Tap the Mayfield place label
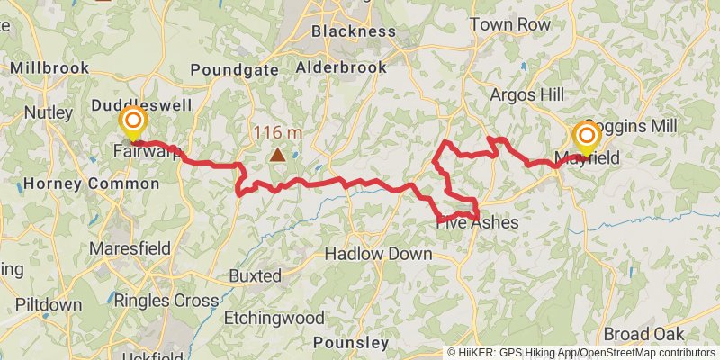click(x=586, y=160)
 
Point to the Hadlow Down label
click(x=378, y=255)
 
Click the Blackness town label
click(x=353, y=31)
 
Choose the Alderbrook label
click(x=341, y=67)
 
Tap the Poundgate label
click(x=227, y=71)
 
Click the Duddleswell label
click(x=141, y=105)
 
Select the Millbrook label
click(x=49, y=67)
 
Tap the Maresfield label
click(x=131, y=246)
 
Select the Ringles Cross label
click(x=167, y=301)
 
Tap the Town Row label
click(x=509, y=25)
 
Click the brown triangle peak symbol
click(x=278, y=155)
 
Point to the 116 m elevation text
click(x=277, y=133)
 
